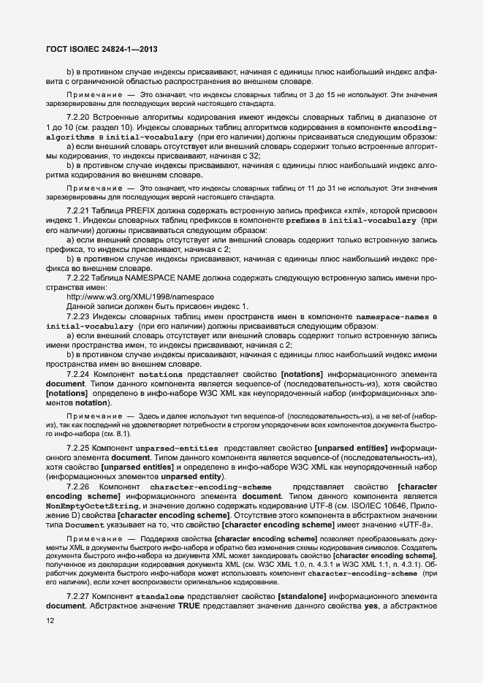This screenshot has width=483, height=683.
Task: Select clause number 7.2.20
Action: coord(77,117)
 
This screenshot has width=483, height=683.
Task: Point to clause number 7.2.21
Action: coord(77,211)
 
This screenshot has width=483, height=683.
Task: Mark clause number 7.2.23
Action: coord(77,316)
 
